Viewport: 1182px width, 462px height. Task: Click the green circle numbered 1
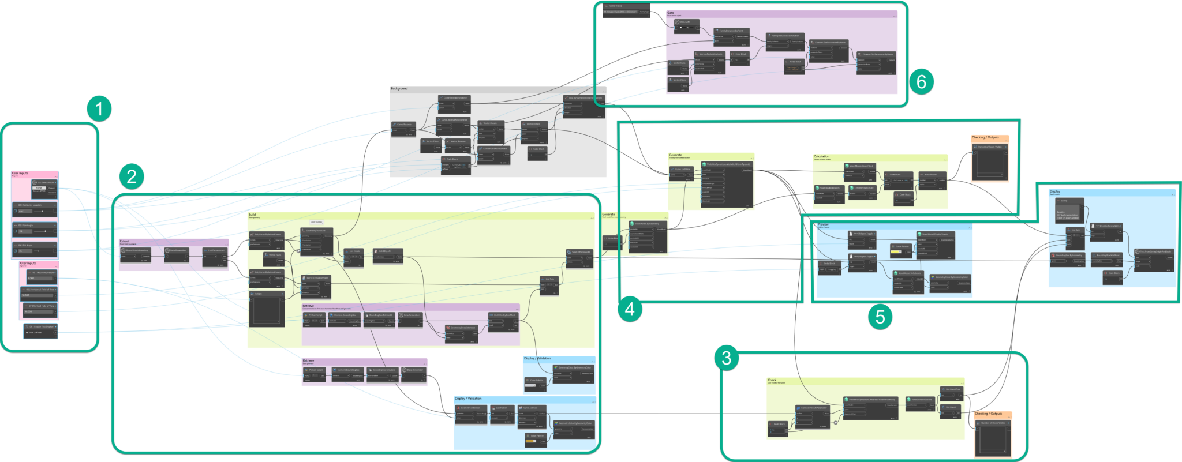point(99,108)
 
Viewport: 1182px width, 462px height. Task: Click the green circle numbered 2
point(132,176)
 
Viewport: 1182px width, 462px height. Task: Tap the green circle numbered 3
point(727,358)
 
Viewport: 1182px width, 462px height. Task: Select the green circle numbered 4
point(630,309)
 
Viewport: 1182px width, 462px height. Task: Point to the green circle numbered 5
point(880,316)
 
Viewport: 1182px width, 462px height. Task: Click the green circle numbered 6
point(921,81)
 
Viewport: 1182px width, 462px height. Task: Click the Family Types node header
point(626,6)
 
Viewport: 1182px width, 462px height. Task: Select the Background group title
point(399,89)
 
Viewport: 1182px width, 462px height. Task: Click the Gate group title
point(671,13)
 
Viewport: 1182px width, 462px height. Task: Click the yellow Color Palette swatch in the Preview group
point(896,252)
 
